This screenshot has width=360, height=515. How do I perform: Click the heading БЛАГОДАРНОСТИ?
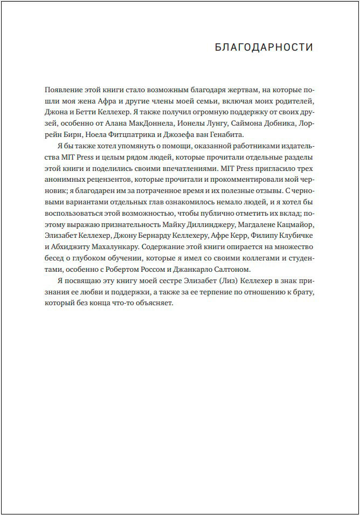click(264, 47)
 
